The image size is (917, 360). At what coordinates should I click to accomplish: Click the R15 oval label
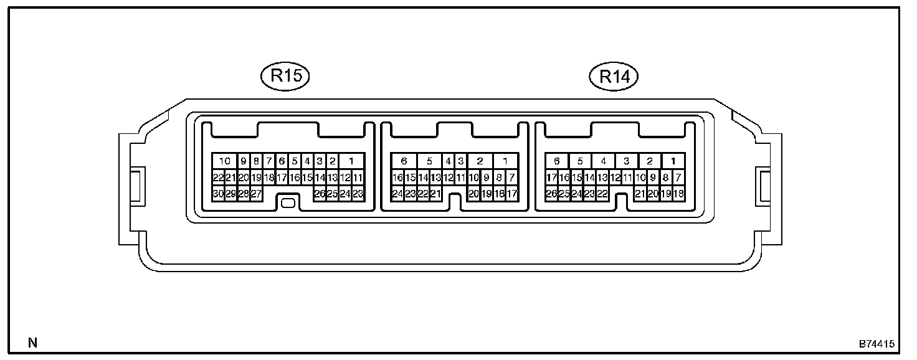(285, 77)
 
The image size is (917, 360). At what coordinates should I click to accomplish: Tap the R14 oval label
(614, 77)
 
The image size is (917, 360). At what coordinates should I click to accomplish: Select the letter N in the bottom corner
(32, 343)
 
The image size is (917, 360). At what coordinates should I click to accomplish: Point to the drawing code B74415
(877, 343)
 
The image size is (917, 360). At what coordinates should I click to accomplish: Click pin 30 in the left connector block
(218, 194)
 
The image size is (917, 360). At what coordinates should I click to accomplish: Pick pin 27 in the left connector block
(256, 194)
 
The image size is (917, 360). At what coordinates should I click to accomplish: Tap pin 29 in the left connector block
(230, 194)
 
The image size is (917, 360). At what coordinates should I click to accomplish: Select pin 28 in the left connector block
(243, 194)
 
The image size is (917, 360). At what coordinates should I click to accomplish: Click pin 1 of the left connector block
(351, 161)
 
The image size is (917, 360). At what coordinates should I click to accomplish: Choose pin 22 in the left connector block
(218, 178)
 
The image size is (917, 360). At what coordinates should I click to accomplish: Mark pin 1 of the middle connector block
(505, 161)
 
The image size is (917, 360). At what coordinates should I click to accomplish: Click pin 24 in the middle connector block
(397, 194)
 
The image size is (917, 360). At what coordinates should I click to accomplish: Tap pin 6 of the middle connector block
(404, 161)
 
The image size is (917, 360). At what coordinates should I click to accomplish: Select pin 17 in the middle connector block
(512, 194)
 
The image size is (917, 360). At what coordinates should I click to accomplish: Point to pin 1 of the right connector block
(673, 161)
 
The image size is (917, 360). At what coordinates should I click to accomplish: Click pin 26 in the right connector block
(551, 194)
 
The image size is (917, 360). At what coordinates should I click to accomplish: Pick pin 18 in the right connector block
(679, 194)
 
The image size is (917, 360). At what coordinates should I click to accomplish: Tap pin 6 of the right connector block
(557, 161)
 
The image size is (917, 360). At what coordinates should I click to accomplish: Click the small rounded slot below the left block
(288, 203)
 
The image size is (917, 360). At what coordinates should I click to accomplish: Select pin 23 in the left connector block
(358, 194)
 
